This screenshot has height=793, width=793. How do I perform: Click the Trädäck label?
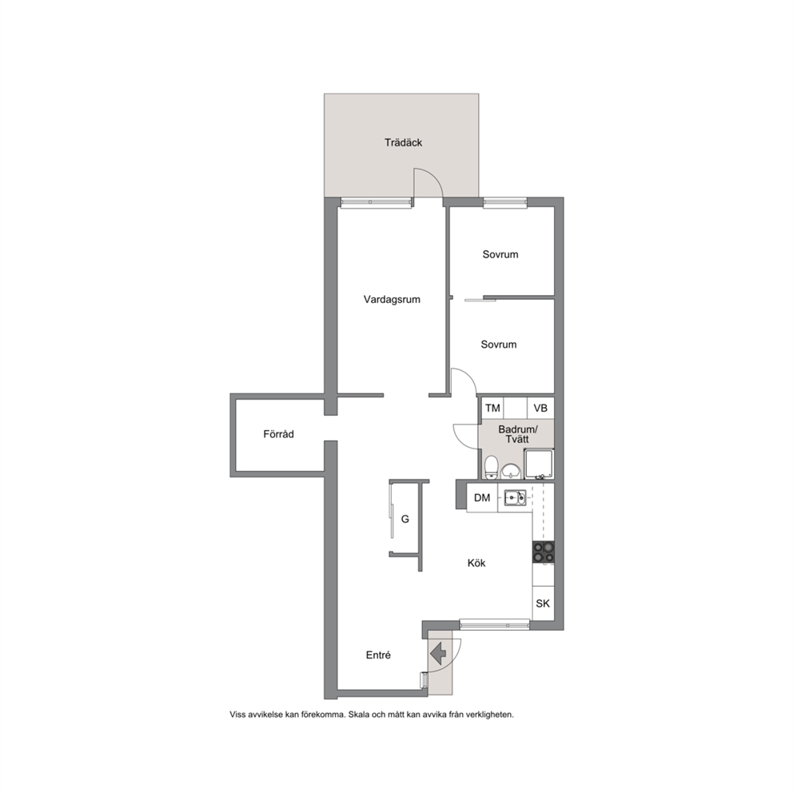[403, 142]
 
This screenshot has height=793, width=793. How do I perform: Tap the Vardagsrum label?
[392, 300]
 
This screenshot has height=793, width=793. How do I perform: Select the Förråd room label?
[279, 434]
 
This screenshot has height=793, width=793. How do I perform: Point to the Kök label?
[476, 563]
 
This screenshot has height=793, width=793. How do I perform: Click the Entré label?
[378, 655]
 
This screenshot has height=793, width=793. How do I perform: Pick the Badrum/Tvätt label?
[518, 434]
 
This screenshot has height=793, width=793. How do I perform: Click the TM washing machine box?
[492, 408]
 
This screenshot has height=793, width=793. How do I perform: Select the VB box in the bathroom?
[540, 408]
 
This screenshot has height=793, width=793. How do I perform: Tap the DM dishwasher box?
[482, 498]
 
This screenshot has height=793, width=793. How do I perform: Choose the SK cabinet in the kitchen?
[543, 603]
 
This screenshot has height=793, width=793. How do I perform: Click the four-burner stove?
[543, 552]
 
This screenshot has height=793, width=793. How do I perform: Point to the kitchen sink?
[515, 498]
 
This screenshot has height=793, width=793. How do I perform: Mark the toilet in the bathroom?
[491, 468]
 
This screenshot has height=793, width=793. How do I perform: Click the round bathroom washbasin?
[512, 472]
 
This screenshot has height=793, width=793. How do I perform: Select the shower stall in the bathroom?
[539, 464]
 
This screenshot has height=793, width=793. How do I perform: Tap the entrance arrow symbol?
[438, 653]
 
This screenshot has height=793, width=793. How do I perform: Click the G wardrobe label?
[405, 519]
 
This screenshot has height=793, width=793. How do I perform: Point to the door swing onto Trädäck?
[428, 182]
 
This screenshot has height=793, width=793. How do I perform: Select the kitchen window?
[495, 624]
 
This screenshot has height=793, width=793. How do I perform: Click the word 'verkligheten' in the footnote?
[489, 715]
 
